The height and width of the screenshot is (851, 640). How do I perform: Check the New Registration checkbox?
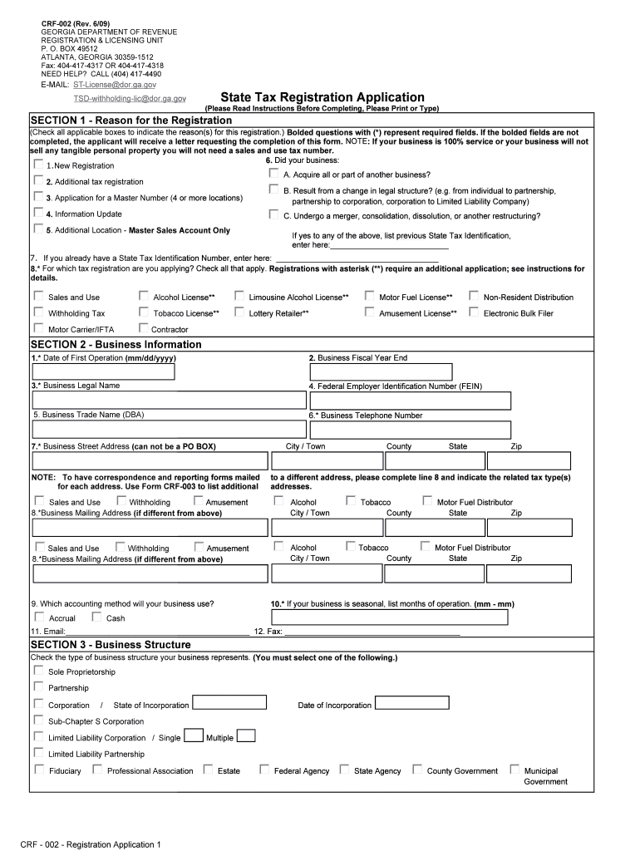tap(38, 165)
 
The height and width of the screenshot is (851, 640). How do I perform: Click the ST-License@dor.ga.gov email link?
tap(115, 85)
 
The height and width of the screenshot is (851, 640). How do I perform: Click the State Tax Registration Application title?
tap(322, 97)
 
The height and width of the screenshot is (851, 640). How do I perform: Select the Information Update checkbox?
tap(38, 213)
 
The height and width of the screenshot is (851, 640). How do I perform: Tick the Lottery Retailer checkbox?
tap(239, 312)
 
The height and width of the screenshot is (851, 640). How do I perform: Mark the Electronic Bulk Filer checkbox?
tap(474, 312)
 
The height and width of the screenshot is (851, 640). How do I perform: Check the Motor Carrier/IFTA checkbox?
tap(38, 328)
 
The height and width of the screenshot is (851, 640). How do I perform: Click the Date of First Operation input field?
tap(103, 371)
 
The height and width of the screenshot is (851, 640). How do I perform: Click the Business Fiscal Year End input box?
tap(380, 371)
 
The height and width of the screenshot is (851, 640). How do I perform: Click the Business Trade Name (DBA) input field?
tap(166, 429)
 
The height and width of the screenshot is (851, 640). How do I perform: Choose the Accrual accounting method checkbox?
tap(38, 617)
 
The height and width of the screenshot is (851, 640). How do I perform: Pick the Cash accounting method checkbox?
tap(96, 617)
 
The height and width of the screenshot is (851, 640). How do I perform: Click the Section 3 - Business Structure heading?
tap(111, 644)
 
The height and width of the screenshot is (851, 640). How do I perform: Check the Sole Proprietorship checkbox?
tap(38, 671)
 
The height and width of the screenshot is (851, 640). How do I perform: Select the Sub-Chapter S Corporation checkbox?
tap(38, 721)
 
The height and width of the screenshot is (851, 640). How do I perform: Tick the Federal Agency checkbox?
tap(264, 770)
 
